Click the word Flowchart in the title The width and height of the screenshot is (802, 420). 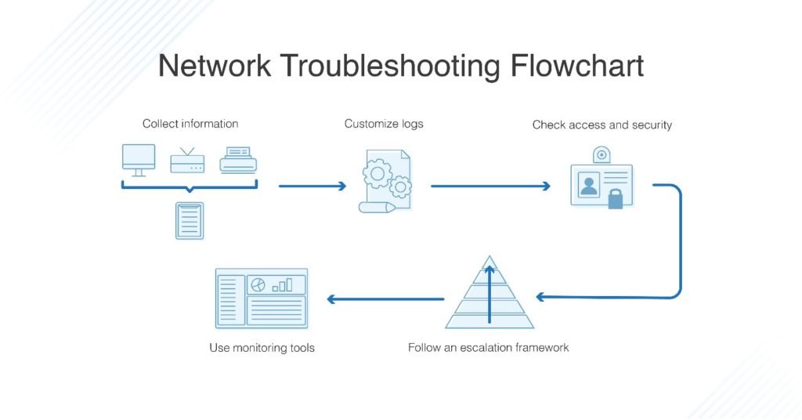[577, 66]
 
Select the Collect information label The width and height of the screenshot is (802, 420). [190, 124]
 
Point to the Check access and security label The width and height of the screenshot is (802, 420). [601, 125]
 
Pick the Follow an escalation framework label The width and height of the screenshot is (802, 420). [488, 347]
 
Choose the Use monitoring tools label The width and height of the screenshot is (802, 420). [262, 347]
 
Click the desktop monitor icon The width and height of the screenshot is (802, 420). [139, 159]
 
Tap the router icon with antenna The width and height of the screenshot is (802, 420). [187, 160]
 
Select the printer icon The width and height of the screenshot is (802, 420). [238, 159]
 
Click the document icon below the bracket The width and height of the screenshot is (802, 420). [190, 220]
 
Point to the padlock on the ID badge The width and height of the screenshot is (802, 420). [616, 199]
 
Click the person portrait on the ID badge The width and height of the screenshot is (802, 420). [588, 185]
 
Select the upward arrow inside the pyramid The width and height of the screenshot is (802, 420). [490, 294]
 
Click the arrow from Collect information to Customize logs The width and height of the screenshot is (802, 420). [312, 186]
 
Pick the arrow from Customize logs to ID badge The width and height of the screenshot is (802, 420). [490, 186]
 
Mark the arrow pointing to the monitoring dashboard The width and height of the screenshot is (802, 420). [385, 299]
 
